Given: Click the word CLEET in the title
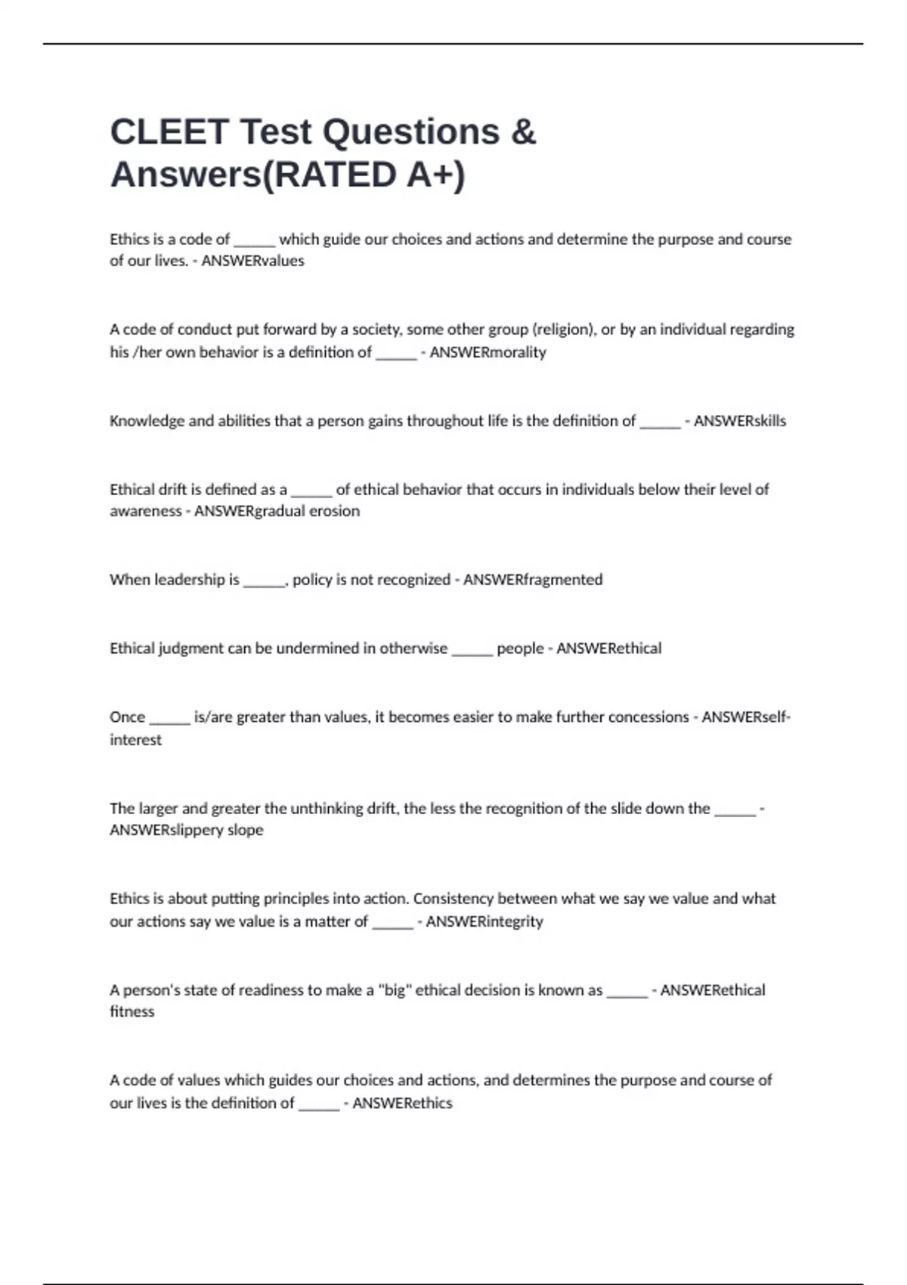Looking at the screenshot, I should click(x=169, y=132).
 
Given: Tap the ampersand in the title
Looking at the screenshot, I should click(x=523, y=132).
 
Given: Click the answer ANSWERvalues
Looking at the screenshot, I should click(x=252, y=261).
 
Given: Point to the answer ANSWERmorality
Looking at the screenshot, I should click(x=488, y=352).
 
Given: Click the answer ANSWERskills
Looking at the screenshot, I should click(x=739, y=421).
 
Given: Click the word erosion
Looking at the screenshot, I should click(x=334, y=511).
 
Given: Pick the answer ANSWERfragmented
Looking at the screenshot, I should click(x=532, y=580).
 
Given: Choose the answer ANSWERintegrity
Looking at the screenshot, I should click(x=484, y=921).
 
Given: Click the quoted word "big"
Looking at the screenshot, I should click(x=394, y=990).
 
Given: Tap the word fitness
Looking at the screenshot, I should click(x=132, y=1011).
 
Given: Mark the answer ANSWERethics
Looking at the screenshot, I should click(x=402, y=1103).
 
